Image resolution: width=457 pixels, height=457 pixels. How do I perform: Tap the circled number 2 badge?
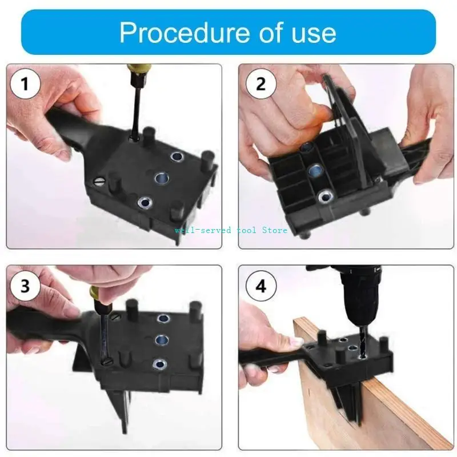coord(261,84)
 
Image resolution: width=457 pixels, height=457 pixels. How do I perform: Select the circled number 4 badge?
coord(261,285)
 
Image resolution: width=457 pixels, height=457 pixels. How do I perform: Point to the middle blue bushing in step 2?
coord(314,170)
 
